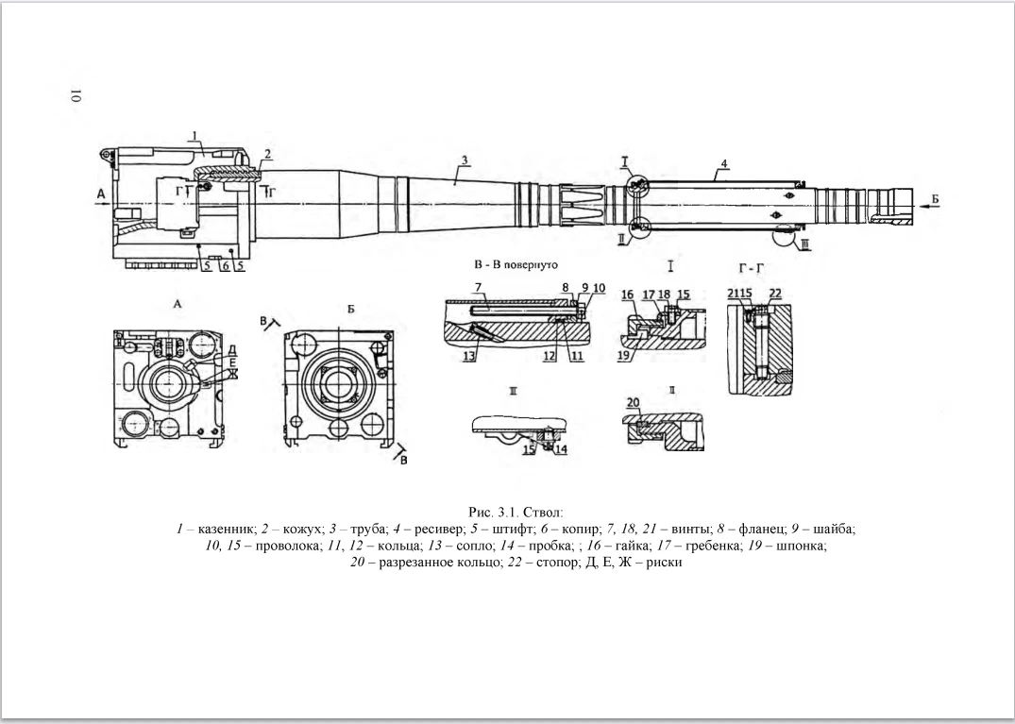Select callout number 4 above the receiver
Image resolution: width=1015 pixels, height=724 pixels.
tap(722, 164)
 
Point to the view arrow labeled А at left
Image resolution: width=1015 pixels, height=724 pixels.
tap(101, 196)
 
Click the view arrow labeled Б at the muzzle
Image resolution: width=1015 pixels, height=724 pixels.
tap(936, 198)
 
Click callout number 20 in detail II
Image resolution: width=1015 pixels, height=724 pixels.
tap(633, 401)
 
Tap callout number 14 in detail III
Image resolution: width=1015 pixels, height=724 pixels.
tap(561, 449)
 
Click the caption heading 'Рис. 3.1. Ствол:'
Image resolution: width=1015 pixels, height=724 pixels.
tap(507, 512)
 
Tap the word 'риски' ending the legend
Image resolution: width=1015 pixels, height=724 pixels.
tap(662, 563)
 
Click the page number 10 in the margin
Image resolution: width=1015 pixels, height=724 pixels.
tap(76, 96)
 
